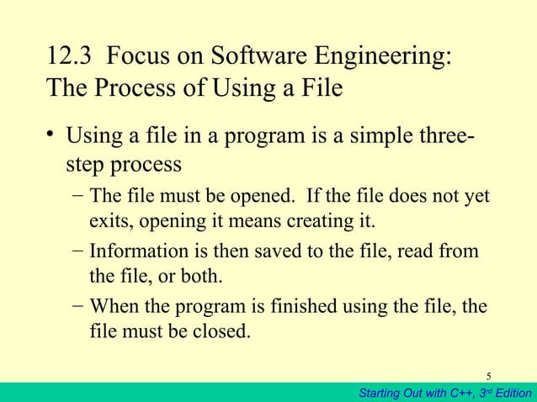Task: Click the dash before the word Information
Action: click(77, 251)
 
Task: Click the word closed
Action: click(224, 330)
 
